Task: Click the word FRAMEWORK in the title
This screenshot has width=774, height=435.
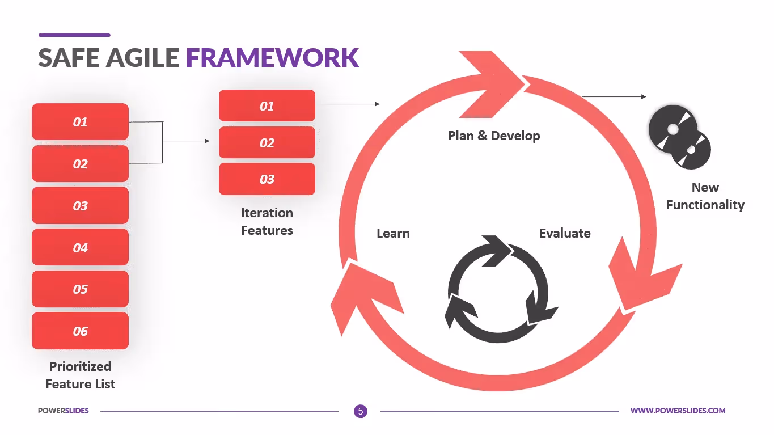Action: (272, 58)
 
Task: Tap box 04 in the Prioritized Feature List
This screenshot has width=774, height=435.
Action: (80, 247)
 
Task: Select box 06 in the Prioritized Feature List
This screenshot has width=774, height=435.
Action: (80, 331)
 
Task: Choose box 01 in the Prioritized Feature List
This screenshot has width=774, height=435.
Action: (80, 121)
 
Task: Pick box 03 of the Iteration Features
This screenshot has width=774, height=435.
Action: (267, 179)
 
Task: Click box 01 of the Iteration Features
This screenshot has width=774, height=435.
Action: (267, 105)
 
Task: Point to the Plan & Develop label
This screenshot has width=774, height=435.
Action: (493, 136)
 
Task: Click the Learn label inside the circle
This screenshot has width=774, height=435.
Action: (393, 233)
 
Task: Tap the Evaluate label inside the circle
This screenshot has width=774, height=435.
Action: (564, 233)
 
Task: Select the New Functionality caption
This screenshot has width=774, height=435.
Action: (705, 196)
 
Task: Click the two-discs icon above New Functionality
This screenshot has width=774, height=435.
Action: (679, 137)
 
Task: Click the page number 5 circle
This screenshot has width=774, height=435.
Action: (360, 411)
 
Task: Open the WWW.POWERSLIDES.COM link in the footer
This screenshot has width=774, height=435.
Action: (678, 411)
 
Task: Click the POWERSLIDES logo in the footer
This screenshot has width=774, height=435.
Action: (63, 411)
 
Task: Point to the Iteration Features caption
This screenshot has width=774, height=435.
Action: (267, 221)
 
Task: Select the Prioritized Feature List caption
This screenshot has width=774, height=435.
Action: (80, 375)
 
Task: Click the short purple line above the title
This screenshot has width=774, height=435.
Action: (74, 35)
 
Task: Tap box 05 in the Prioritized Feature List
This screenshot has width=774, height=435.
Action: (80, 289)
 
